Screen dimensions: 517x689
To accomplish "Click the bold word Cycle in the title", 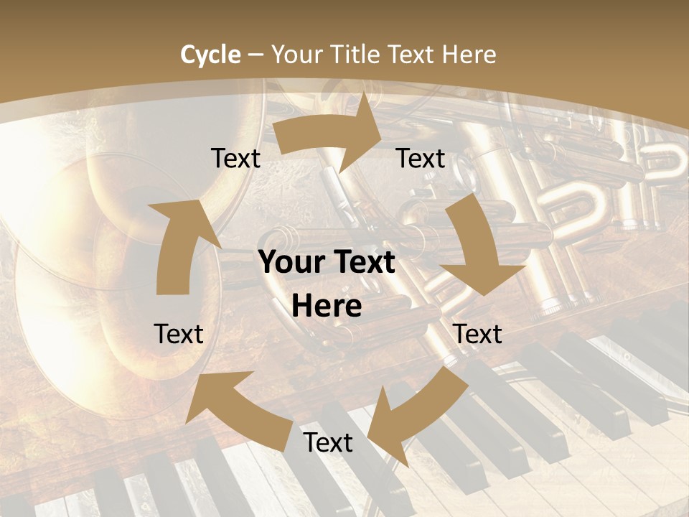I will pyautogui.click(x=210, y=55).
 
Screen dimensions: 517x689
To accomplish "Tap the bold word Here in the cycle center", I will pyautogui.click(x=327, y=307).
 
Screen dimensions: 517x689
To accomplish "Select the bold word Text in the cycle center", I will pyautogui.click(x=363, y=263).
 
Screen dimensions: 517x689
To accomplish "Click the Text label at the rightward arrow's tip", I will pyautogui.click(x=421, y=158).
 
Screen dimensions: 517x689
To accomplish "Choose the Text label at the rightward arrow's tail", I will pyautogui.click(x=235, y=158).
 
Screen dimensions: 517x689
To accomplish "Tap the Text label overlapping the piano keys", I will pyautogui.click(x=328, y=442).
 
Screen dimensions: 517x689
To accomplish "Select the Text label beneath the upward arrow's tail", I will pyautogui.click(x=179, y=334).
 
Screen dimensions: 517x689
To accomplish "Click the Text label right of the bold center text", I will pyautogui.click(x=478, y=334).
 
